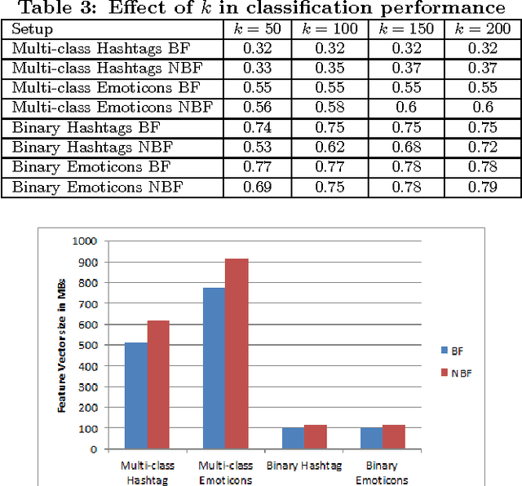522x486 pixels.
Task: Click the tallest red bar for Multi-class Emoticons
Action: (237, 353)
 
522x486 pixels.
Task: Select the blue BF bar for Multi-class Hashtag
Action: (135, 395)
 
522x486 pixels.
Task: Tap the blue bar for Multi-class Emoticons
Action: (214, 368)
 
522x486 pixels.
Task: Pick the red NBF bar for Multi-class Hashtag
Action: (158, 384)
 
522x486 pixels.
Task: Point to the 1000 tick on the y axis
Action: (84, 241)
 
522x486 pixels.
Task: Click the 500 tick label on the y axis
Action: (86, 345)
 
